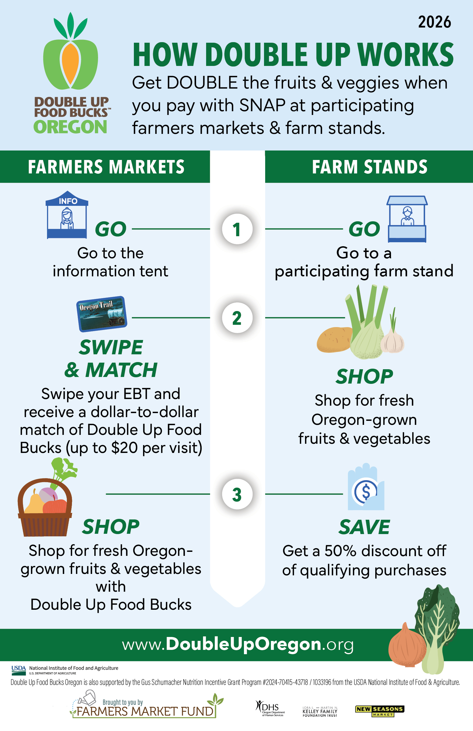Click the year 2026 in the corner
434,22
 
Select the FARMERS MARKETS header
106,167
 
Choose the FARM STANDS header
370,167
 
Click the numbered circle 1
237,229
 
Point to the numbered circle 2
237,318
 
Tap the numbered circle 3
237,494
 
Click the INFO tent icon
67,215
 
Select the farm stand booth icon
407,219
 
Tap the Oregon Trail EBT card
102,314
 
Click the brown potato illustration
335,340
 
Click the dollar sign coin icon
365,491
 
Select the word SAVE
364,527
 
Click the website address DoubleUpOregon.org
238,644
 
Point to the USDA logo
18,670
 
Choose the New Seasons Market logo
380,711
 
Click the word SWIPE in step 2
111,347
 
